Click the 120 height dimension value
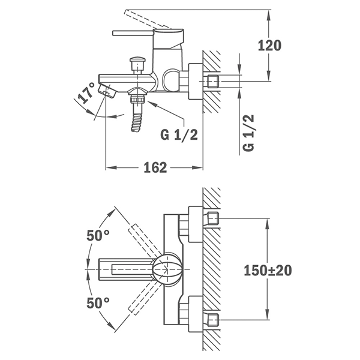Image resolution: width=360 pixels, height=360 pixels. pyautogui.click(x=269, y=45)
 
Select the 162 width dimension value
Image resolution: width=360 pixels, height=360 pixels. pyautogui.click(x=155, y=167)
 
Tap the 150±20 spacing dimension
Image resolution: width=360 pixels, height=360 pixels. pyautogui.click(x=268, y=270)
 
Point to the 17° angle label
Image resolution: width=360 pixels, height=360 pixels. pyautogui.click(x=86, y=93)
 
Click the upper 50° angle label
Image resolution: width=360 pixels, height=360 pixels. pyautogui.click(x=98, y=236)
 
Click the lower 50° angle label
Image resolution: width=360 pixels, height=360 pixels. pyautogui.click(x=98, y=303)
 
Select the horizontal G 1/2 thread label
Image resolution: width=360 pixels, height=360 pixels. pyautogui.click(x=179, y=134)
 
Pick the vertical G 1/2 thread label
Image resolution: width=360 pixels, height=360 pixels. pyautogui.click(x=248, y=133)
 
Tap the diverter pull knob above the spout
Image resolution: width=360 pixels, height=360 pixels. pyautogui.click(x=137, y=65)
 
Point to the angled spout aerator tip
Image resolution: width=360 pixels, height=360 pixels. pyautogui.click(x=107, y=91)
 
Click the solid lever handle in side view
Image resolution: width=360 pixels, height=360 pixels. pyautogui.click(x=133, y=33)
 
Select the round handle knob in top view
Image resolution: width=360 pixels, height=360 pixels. pyautogui.click(x=168, y=269)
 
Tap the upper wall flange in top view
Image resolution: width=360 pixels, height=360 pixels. pyautogui.click(x=196, y=224)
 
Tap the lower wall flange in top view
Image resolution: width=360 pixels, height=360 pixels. pyautogui.click(x=196, y=314)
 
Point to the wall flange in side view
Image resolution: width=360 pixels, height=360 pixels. pyautogui.click(x=196, y=81)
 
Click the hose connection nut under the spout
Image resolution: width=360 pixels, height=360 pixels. pyautogui.click(x=137, y=100)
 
